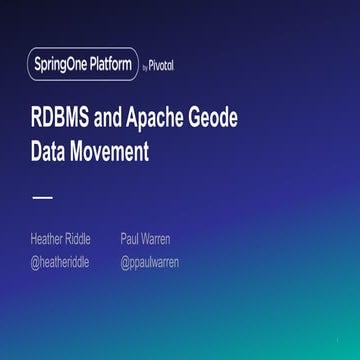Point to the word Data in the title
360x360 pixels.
tap(52, 153)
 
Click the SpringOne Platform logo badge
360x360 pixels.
tap(83, 65)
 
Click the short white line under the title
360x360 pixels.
tap(42, 197)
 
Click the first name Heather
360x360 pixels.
tap(47, 240)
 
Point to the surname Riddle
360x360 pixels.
tap(78, 240)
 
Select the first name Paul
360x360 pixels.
tap(129, 240)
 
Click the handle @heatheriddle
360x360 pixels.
tap(61, 262)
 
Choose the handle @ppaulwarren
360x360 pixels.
tap(150, 262)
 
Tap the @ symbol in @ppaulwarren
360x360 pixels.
tap(126, 262)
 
